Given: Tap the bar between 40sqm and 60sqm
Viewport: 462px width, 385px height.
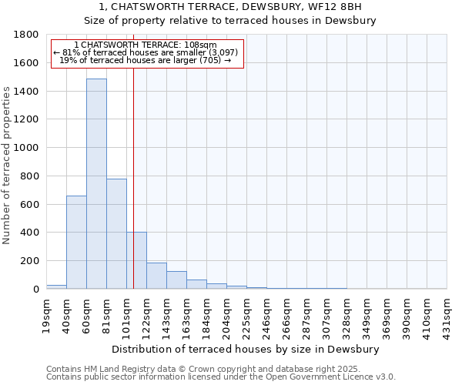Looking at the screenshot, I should tap(76, 242).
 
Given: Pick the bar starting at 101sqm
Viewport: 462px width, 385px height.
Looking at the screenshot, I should tap(136, 260).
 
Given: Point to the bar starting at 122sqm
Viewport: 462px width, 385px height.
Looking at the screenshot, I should tap(156, 276).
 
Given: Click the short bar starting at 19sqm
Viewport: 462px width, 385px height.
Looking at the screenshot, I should tap(56, 286).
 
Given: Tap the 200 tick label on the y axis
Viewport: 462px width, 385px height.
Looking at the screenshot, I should tap(31, 261).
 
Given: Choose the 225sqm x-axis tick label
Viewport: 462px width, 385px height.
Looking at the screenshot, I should tap(246, 315).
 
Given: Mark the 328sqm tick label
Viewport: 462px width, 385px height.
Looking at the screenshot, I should tap(346, 315).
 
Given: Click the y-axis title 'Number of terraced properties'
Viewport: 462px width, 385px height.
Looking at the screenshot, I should tap(7, 166).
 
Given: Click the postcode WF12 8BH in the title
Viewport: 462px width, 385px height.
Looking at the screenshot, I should tap(346, 7).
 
